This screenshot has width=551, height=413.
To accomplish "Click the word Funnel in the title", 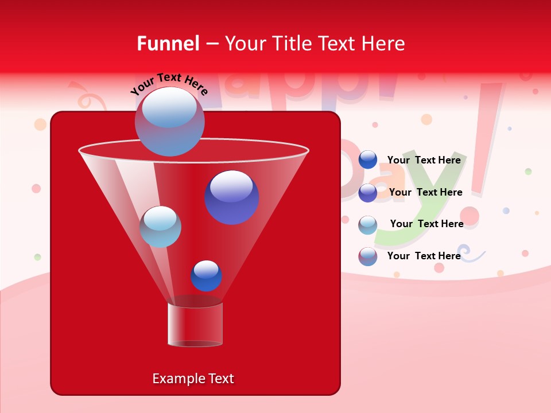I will coord(168,44).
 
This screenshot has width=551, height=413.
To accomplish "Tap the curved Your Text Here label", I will coord(169,84).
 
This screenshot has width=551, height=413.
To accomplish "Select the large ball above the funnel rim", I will coord(170,121).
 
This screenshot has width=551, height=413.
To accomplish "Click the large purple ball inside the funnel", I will coord(232,197).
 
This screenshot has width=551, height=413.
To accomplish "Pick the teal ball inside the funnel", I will coord(161,227).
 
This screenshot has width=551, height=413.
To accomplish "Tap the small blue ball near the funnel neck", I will coord(206,276).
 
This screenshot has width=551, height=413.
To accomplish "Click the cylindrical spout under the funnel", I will coord(195,324).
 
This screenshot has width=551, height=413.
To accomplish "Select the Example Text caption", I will coord(193,379).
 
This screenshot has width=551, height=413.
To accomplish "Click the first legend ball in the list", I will coord(368,160).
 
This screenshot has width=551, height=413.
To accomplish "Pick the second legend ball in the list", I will coord(368,193).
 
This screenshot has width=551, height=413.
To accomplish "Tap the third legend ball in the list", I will coord(368,225).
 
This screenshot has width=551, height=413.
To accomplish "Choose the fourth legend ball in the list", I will coord(368,256).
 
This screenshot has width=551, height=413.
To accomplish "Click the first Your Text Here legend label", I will coord(424,161).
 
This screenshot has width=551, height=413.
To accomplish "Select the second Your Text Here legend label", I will coord(425,193).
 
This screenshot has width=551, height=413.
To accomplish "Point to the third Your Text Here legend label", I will coord(426,224).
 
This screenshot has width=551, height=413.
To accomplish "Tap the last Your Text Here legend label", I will coord(424,256).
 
